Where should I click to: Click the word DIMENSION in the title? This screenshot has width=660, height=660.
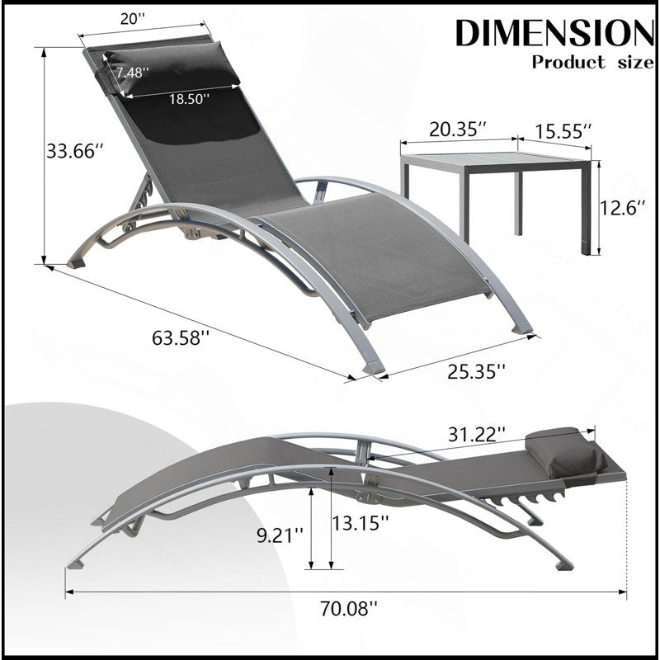coord(554,33)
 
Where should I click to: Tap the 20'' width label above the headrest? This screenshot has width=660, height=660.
coord(132,18)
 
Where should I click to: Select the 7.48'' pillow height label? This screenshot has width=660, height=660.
coord(133,73)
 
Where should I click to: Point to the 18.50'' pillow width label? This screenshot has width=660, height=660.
coord(189,99)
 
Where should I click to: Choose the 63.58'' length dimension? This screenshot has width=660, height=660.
coord(181,337)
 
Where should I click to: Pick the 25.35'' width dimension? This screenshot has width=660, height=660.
coord(476,371)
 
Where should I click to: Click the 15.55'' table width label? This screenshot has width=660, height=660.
coord(563,131)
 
